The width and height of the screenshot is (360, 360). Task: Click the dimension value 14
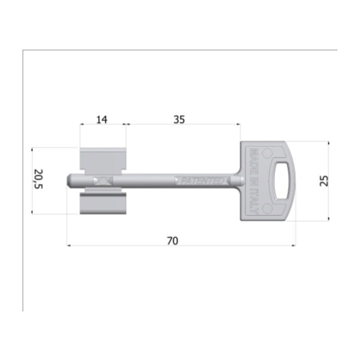click(x=101, y=119)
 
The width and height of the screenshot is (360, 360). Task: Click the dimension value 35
click(x=179, y=119)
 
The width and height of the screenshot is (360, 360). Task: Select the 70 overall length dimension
click(x=172, y=241)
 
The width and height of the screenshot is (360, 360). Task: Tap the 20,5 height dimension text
click(x=38, y=179)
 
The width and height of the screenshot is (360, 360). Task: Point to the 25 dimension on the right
click(x=324, y=180)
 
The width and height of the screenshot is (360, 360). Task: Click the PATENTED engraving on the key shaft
click(x=202, y=181)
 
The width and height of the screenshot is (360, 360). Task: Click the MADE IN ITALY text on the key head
click(x=254, y=181)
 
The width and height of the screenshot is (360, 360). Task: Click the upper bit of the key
click(x=103, y=161)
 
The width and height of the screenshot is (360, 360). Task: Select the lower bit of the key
click(x=103, y=201)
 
